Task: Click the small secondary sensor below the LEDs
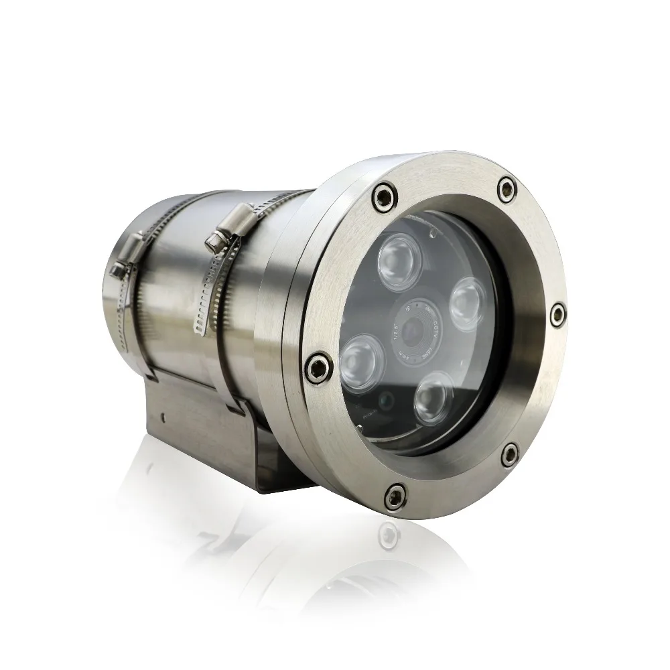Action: click(x=387, y=401)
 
